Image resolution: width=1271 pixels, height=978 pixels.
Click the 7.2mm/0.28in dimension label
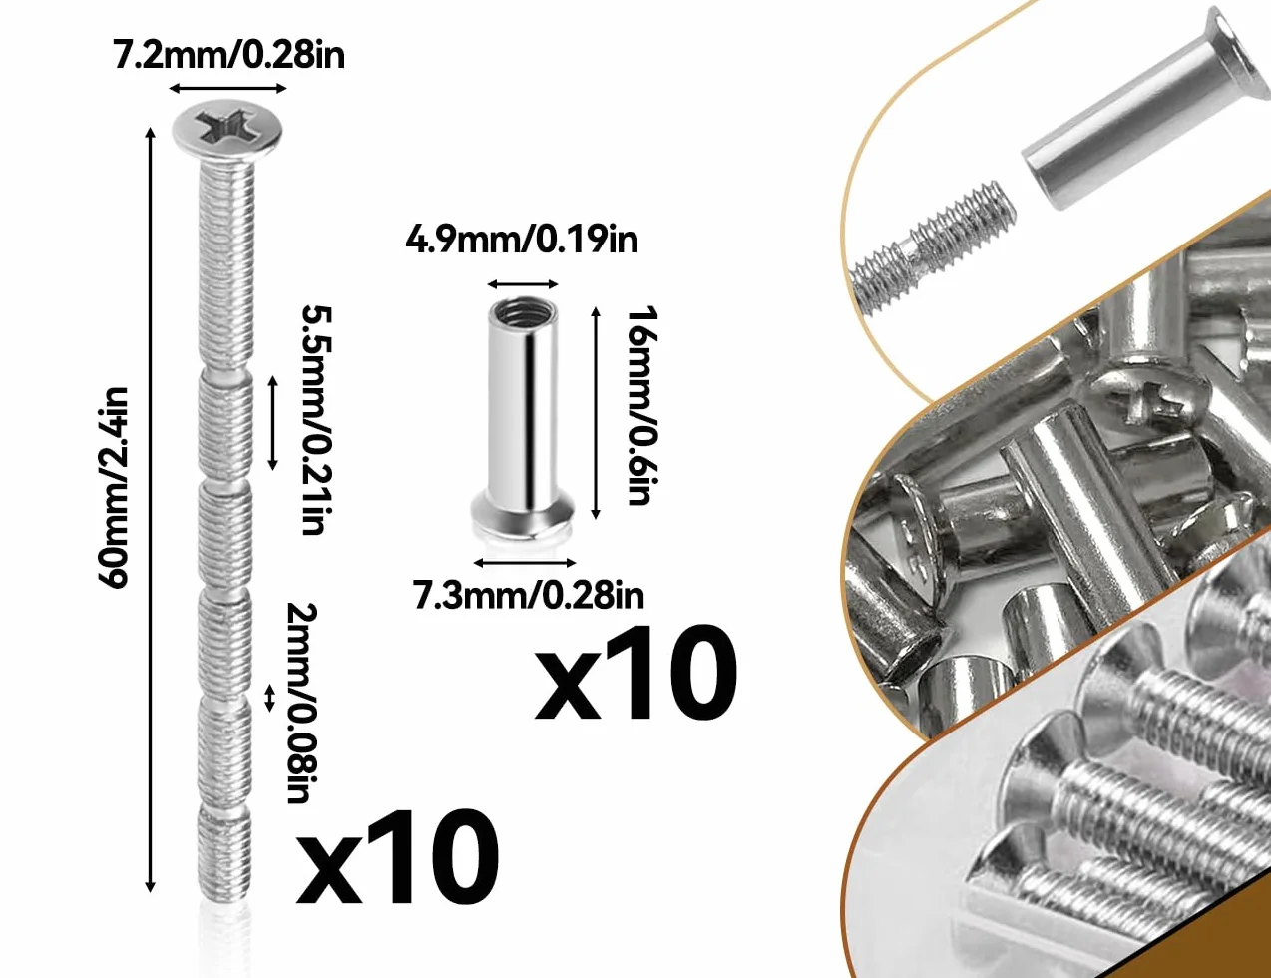click(x=228, y=56)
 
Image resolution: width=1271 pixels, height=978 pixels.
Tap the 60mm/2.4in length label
click(x=113, y=488)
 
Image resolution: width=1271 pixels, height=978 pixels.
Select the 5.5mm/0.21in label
click(x=317, y=420)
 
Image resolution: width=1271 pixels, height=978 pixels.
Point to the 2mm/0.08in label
click(x=302, y=704)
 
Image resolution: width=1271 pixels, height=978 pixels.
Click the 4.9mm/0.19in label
click(x=522, y=240)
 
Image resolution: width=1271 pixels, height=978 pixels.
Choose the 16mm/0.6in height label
click(x=642, y=405)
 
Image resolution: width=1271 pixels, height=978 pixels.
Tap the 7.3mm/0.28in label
click(x=529, y=596)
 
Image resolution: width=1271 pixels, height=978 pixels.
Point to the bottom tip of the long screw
click(x=224, y=897)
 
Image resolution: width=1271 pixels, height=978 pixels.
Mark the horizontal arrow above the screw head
click(x=227, y=89)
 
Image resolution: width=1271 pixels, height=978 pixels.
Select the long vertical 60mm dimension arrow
click(x=151, y=509)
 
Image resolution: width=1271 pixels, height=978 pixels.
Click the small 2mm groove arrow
click(x=269, y=699)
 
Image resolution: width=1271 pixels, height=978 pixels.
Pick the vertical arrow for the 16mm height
click(x=596, y=413)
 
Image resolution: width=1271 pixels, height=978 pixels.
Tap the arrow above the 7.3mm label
click(x=525, y=563)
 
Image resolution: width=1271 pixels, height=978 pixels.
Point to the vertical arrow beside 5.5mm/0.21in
click(x=272, y=423)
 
